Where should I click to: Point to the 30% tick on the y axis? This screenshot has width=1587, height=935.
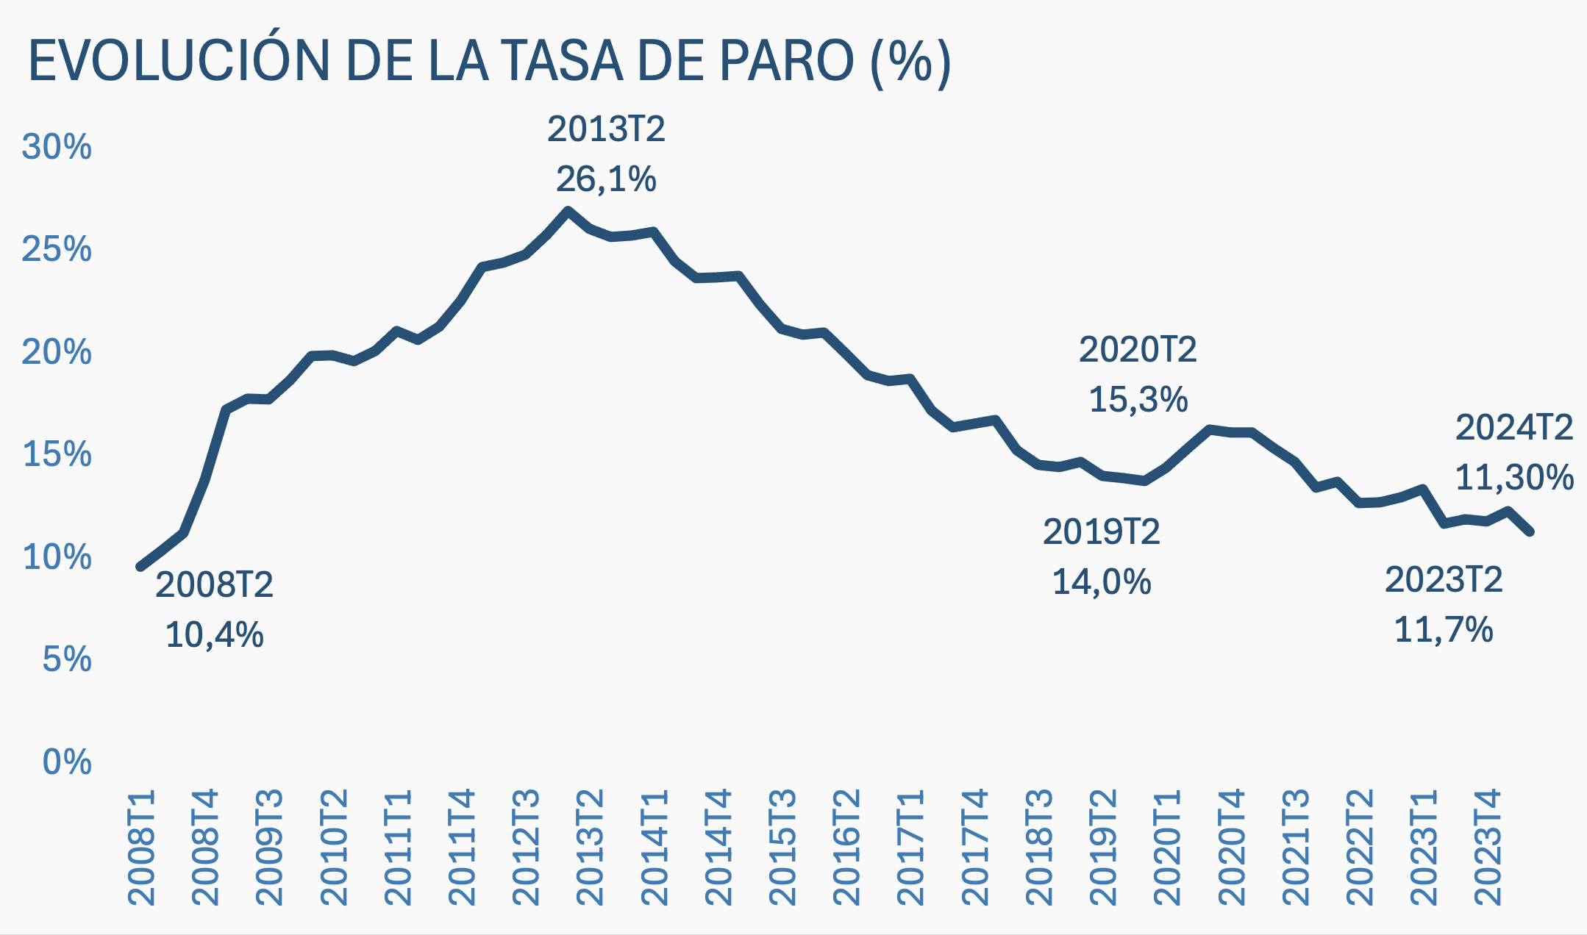click(x=57, y=147)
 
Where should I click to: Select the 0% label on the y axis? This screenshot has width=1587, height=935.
click(x=67, y=762)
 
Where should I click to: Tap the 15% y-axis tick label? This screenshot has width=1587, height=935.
click(x=57, y=454)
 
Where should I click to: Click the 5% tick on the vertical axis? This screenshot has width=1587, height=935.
click(x=67, y=659)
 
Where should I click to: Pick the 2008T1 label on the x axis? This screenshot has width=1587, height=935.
click(x=141, y=848)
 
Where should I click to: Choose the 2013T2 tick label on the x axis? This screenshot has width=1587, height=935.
click(x=591, y=848)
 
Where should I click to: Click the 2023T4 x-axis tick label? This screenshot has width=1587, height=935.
click(x=1488, y=848)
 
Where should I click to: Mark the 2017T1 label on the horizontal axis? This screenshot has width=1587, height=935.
click(x=911, y=848)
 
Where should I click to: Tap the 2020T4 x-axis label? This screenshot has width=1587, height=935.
click(x=1231, y=848)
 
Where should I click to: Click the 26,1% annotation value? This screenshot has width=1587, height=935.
click(x=606, y=179)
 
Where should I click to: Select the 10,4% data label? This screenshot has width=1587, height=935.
click(x=214, y=634)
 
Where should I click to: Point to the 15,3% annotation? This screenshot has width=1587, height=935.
click(x=1138, y=400)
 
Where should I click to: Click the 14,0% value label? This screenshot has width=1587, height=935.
click(x=1101, y=582)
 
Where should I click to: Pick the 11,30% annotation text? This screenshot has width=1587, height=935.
click(x=1514, y=478)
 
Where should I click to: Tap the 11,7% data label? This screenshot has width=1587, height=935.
click(x=1443, y=630)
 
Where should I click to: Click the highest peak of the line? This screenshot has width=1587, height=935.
click(x=568, y=210)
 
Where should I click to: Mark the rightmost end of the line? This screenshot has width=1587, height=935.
click(x=1530, y=531)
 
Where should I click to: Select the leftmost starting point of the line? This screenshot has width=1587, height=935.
click(x=140, y=567)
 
